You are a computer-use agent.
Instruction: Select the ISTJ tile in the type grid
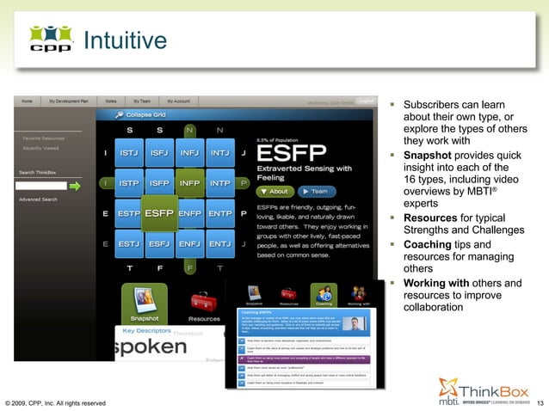129,155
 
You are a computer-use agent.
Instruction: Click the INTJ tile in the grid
219,155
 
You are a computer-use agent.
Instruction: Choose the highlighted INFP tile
189,183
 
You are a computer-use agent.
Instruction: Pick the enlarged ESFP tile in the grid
159,212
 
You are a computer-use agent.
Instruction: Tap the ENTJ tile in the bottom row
219,243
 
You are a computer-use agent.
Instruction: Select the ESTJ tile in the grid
129,243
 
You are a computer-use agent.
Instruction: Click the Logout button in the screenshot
365,101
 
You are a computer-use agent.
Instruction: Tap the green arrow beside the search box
75,185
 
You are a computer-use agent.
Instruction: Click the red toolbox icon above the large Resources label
204,298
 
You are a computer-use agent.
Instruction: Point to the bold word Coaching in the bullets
428,244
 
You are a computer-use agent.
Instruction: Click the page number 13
540,402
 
